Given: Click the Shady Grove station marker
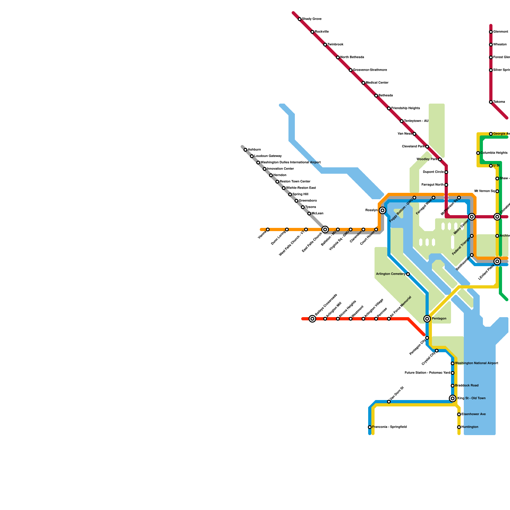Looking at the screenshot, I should [300, 19].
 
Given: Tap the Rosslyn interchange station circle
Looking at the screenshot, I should [382, 210].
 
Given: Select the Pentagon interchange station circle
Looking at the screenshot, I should [427, 319].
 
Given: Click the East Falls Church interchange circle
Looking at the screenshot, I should [325, 229].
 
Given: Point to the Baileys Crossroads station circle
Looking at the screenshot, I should [312, 319].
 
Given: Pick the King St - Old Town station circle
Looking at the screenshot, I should [453, 398].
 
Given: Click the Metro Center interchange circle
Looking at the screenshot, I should [472, 217].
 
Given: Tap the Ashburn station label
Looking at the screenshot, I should [254, 150].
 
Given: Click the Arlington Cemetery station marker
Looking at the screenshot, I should [408, 274].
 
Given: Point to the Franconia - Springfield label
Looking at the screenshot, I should [390, 427].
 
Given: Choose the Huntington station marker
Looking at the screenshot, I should [459, 427].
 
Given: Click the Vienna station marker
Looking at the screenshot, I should [268, 229].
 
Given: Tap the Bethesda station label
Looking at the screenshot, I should [386, 96].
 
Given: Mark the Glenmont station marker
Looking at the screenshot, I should [491, 32].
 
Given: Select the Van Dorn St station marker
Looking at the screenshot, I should [389, 402].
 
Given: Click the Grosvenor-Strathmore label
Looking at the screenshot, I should [370, 70].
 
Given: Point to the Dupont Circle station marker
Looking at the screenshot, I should [446, 172].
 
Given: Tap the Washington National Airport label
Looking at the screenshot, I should [477, 363].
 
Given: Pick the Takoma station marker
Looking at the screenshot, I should [491, 102].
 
